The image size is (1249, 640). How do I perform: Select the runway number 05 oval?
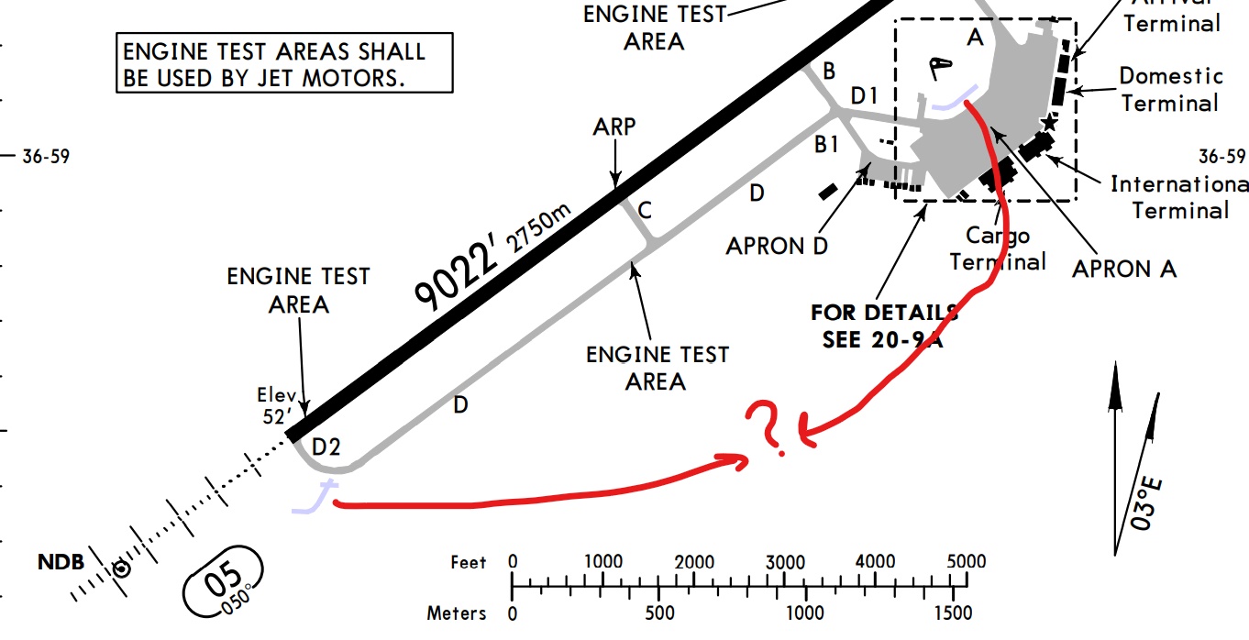coord(223,581)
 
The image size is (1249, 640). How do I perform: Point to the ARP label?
coord(614,127)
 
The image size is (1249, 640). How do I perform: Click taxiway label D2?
coord(326,447)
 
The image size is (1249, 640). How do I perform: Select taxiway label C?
coord(645,211)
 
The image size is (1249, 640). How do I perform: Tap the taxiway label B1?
coord(827,144)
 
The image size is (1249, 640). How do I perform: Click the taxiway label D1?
coord(865,95)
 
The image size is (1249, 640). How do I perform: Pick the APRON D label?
coord(776,247)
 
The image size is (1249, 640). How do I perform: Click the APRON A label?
coord(1124,269)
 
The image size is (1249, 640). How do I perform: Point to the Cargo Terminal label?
coord(998,248)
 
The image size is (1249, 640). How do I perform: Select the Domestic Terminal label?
coord(1171,89)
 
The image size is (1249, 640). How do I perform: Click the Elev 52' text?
coord(277,404)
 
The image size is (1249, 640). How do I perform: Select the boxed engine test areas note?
coord(285,63)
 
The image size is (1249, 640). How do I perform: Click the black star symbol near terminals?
coord(1049,121)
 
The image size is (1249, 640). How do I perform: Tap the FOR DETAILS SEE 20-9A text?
coord(883,325)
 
